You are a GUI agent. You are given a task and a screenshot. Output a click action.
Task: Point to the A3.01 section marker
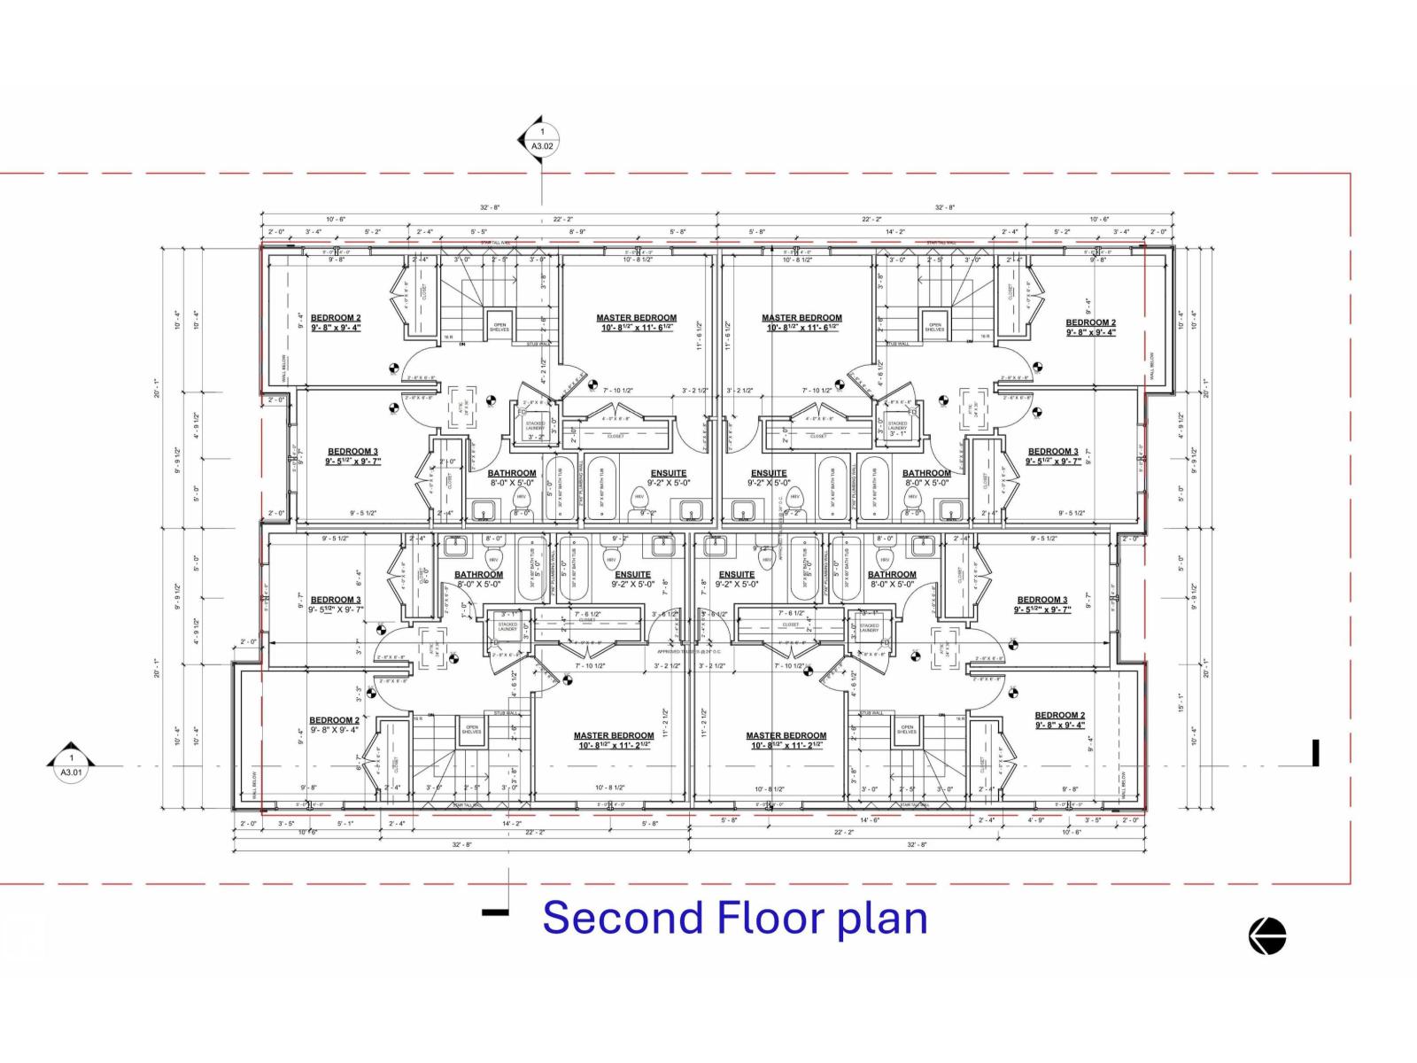click(72, 764)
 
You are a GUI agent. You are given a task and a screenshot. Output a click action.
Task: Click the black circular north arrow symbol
click(1267, 936)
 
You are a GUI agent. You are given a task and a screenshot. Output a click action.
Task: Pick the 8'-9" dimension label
click(577, 232)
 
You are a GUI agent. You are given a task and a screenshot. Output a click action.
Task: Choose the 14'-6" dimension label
click(869, 822)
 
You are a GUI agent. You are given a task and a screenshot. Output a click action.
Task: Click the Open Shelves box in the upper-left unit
click(499, 325)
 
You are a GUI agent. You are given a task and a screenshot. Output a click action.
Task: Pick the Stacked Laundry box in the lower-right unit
click(869, 626)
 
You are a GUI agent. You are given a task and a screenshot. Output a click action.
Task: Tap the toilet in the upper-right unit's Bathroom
click(912, 501)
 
